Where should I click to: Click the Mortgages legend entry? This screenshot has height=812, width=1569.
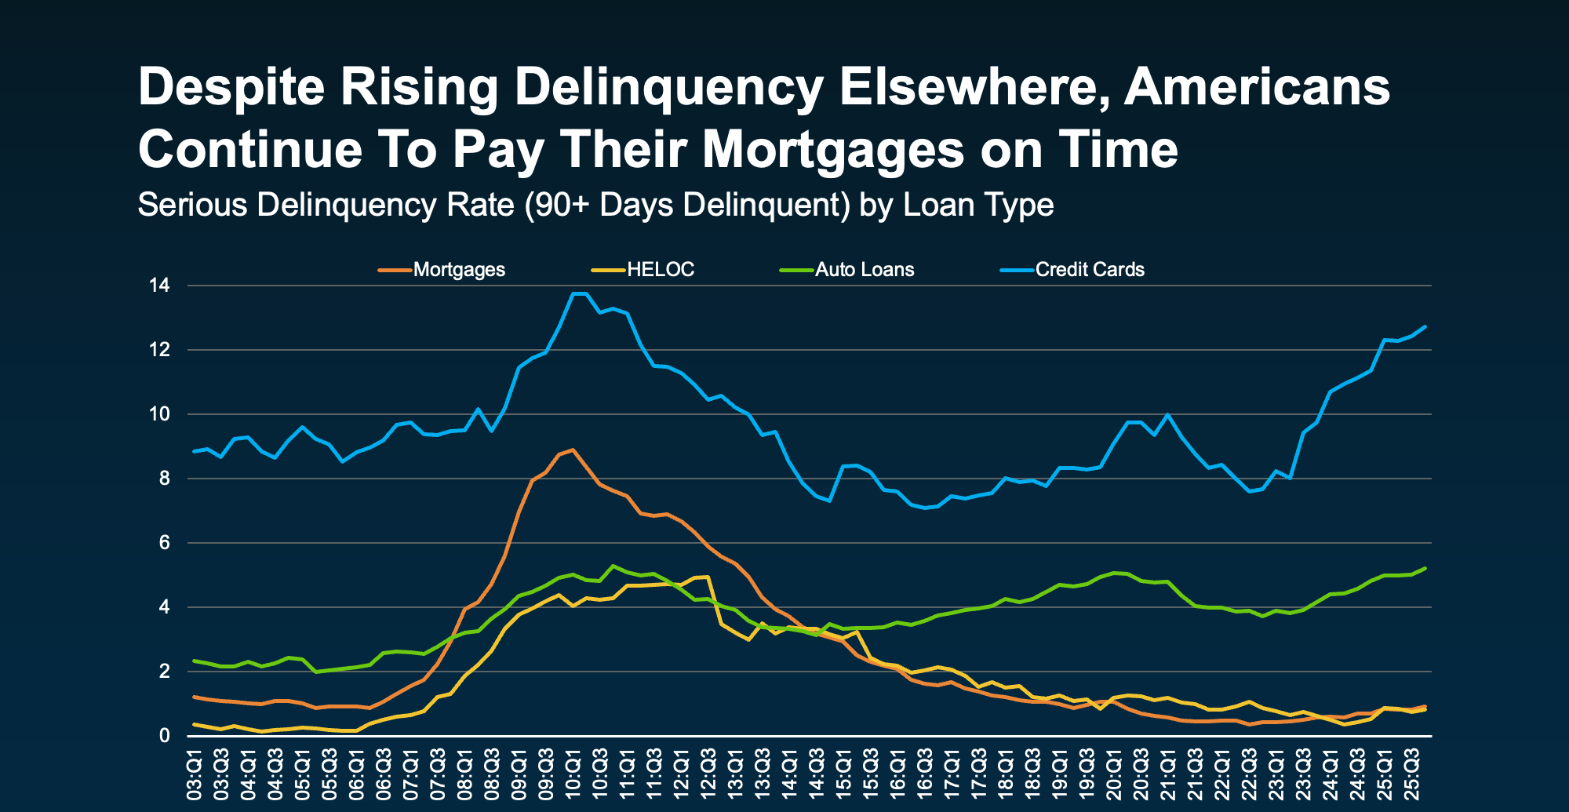click(x=458, y=270)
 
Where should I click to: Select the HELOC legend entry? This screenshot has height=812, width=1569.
click(x=660, y=270)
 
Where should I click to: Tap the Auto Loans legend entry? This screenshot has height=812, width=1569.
click(x=864, y=270)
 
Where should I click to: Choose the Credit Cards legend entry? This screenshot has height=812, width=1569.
click(x=1089, y=270)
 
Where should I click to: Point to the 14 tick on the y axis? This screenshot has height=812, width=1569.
click(x=159, y=286)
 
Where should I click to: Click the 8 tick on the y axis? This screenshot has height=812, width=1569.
click(x=164, y=479)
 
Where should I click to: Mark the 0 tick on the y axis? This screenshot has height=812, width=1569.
click(x=164, y=736)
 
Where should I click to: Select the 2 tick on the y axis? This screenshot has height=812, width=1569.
click(x=164, y=672)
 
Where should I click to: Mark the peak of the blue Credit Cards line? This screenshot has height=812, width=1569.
click(x=579, y=293)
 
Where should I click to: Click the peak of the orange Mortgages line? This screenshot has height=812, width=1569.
click(x=573, y=450)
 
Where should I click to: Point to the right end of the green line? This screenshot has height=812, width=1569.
click(x=1425, y=568)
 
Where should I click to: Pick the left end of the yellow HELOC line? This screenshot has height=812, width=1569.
click(x=194, y=724)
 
